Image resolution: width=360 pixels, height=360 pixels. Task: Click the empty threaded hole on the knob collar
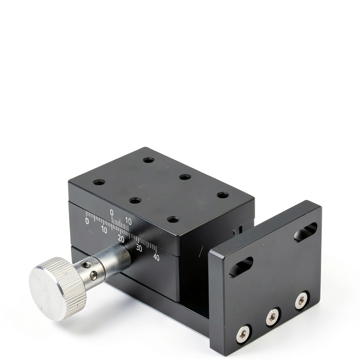(86, 265)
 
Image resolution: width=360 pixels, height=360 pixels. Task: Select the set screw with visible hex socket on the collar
(93, 275)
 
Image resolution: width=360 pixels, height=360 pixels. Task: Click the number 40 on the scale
(156, 257)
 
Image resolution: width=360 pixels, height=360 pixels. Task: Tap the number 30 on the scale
(139, 248)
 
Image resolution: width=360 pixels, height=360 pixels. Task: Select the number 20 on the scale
(121, 239)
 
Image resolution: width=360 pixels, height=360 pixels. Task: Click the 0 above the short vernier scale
(111, 212)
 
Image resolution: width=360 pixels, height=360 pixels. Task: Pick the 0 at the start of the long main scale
(87, 221)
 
